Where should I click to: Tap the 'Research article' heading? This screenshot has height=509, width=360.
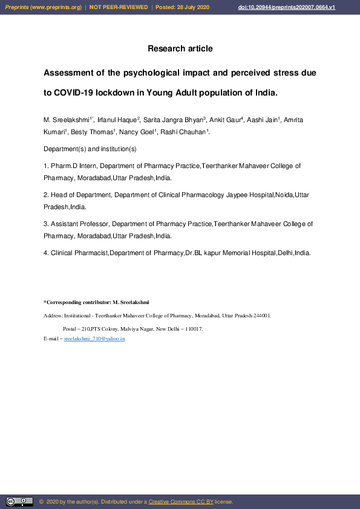coord(180,48)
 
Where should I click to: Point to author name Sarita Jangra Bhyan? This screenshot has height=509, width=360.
coord(174,120)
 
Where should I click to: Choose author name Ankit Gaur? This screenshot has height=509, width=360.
coord(224,120)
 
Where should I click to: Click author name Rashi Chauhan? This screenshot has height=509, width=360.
coord(184,132)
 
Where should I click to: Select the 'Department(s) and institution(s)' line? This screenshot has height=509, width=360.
coord(90,149)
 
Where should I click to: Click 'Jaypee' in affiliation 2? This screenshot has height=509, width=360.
coord(240,195)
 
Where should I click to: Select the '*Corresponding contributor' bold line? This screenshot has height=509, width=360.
coord(96,302)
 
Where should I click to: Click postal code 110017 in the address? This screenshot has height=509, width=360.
coord(193,329)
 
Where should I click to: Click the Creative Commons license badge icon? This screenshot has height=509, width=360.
coord(19,502)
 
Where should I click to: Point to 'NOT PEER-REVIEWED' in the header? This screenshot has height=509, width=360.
coord(119,7)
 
